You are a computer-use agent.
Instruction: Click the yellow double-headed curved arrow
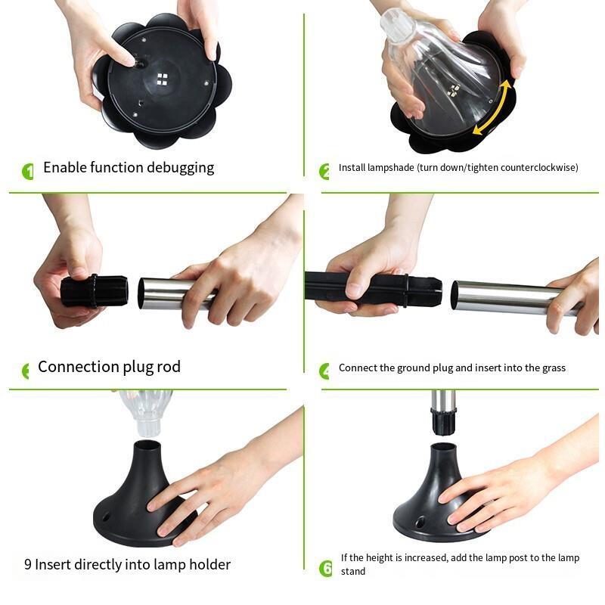pos(498,107)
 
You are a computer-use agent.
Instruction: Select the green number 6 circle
pos(326,569)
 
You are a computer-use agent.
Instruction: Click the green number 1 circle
pos(28,172)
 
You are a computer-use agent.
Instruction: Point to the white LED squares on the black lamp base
pos(163,79)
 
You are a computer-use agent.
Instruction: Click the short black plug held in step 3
pos(95,291)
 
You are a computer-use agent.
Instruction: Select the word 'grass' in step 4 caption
pos(554,368)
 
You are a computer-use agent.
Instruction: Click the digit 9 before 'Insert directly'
pos(28,564)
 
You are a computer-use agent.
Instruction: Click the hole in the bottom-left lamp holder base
pos(105,516)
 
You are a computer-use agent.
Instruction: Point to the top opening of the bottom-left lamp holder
pos(147,445)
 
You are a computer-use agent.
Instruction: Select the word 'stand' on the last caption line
pos(353,572)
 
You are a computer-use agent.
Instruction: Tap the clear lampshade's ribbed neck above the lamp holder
pos(148,424)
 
